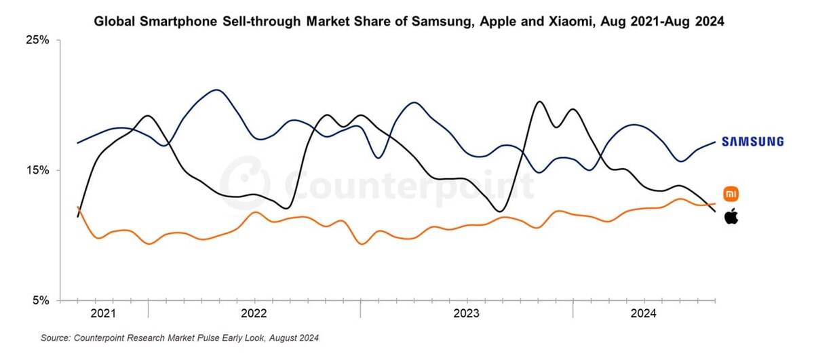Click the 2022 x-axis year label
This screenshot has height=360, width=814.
(x=254, y=314)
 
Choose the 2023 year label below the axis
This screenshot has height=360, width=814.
(x=466, y=314)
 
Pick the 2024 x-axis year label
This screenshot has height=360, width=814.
(x=643, y=314)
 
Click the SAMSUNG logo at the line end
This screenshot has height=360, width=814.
(x=752, y=142)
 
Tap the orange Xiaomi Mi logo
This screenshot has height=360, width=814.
(x=731, y=194)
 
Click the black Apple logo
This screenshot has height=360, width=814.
(x=731, y=217)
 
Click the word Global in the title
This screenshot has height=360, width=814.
(x=114, y=22)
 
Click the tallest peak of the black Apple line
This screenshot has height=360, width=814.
(x=539, y=102)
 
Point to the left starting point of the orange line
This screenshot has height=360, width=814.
(x=78, y=207)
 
